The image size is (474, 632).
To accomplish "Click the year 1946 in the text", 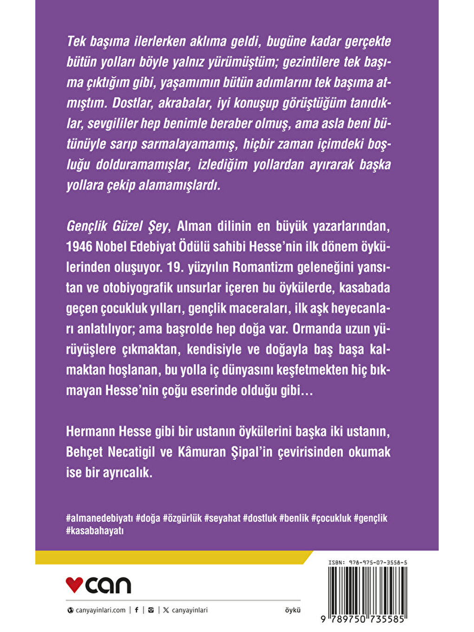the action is (x=79, y=247).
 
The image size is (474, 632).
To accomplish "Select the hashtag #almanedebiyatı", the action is (x=99, y=518).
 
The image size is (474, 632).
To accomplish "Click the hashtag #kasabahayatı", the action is (x=95, y=531).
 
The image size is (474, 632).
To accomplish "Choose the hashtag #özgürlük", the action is (x=182, y=518).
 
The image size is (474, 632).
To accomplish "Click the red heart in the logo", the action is (x=74, y=584).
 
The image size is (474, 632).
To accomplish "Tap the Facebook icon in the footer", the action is (x=137, y=610).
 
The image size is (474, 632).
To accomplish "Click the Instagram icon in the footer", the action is (x=151, y=610).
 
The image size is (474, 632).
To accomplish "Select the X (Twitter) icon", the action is (x=166, y=610).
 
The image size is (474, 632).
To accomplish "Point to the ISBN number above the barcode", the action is (x=368, y=562).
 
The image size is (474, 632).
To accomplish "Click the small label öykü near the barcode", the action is (x=293, y=610).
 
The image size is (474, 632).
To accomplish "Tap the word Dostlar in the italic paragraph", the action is (x=132, y=103).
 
